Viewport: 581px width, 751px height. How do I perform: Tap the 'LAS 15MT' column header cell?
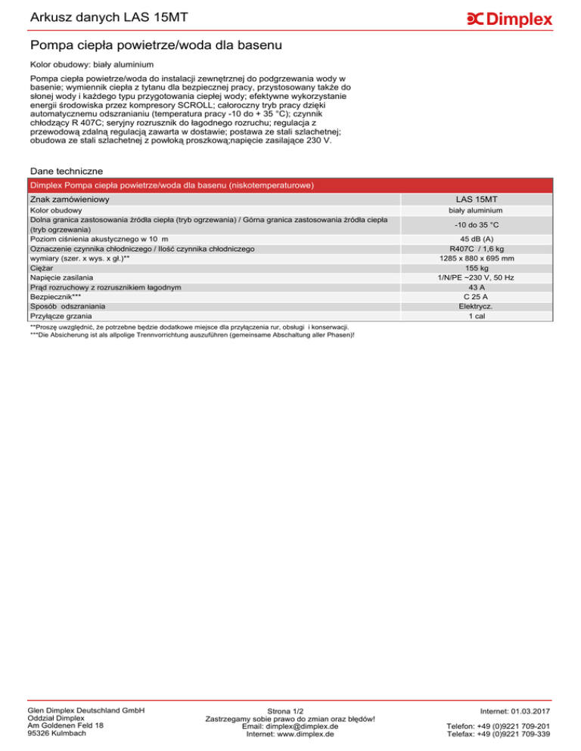(482, 199)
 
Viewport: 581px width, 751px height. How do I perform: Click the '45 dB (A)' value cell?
(482, 238)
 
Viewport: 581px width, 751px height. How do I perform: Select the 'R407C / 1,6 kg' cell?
(482, 248)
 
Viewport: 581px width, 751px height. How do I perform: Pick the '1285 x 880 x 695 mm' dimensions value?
(482, 258)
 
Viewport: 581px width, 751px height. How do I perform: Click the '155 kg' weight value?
(482, 267)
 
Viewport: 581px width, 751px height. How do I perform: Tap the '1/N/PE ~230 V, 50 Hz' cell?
(482, 277)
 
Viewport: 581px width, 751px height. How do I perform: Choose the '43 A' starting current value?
(482, 287)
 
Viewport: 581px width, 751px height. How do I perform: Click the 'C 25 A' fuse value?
(482, 297)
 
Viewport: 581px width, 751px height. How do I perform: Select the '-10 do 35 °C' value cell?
(482, 224)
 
